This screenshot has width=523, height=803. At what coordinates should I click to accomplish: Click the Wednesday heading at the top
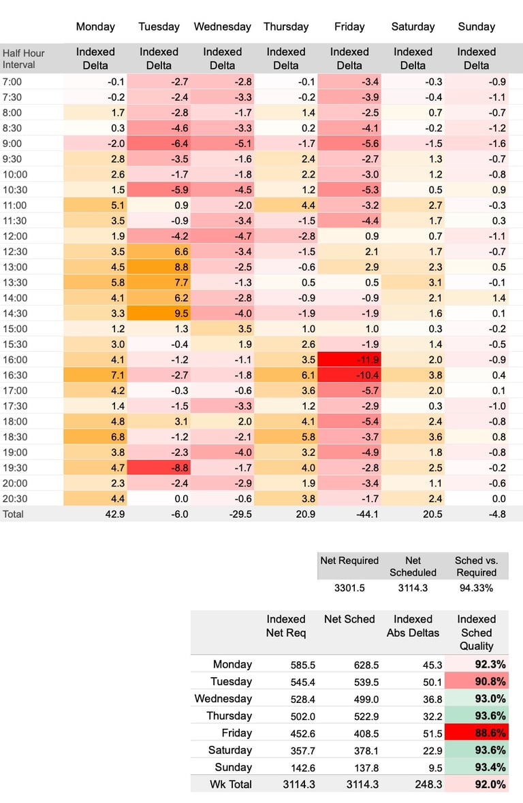(222, 27)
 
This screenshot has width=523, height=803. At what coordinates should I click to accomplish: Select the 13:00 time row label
(14, 267)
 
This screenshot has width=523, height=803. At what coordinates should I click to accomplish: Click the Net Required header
(349, 561)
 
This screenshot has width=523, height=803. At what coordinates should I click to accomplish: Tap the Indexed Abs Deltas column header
(413, 625)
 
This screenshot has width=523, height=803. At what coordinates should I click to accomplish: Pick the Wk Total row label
(230, 784)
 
